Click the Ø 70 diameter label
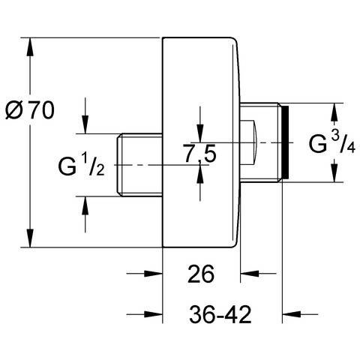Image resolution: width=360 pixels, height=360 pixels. point(30,110)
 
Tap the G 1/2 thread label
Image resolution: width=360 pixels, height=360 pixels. point(81,165)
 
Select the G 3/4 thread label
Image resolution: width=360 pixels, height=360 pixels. point(332,142)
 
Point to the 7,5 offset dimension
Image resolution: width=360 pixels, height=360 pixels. point(200,153)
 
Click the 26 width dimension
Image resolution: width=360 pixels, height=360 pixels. point(201,274)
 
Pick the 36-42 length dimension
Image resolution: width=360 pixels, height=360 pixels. point(220,314)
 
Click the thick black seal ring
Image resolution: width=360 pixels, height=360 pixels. point(285,142)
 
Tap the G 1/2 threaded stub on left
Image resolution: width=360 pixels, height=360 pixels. point(140,165)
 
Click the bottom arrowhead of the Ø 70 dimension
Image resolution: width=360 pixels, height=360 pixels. point(30,238)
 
